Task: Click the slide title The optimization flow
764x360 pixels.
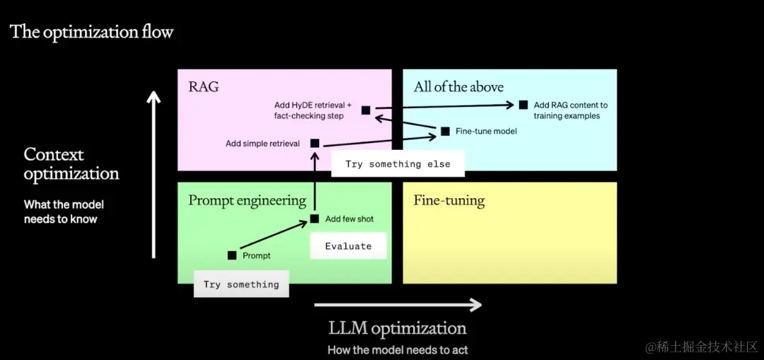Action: (x=91, y=32)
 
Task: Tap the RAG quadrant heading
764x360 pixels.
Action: (x=204, y=87)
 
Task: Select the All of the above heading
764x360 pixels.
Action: (x=458, y=87)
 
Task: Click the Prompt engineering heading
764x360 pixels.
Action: (x=247, y=200)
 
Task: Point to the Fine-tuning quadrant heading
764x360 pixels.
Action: (x=449, y=200)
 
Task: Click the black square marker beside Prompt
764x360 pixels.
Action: (x=232, y=255)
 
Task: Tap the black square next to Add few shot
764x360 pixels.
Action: (x=315, y=219)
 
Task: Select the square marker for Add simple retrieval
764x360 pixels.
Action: (x=315, y=144)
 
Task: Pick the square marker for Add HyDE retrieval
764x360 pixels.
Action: (x=366, y=110)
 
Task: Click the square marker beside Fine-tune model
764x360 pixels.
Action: (x=445, y=131)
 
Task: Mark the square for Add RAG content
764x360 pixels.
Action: (x=523, y=105)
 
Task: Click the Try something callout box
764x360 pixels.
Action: (x=241, y=284)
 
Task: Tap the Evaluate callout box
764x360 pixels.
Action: (x=348, y=246)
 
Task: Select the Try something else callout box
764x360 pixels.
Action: (x=398, y=164)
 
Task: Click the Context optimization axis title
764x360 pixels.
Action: (x=71, y=164)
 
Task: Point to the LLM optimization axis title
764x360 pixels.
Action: (x=398, y=328)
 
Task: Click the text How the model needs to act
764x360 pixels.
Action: (x=398, y=349)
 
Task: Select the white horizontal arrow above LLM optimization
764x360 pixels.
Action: (x=398, y=305)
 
